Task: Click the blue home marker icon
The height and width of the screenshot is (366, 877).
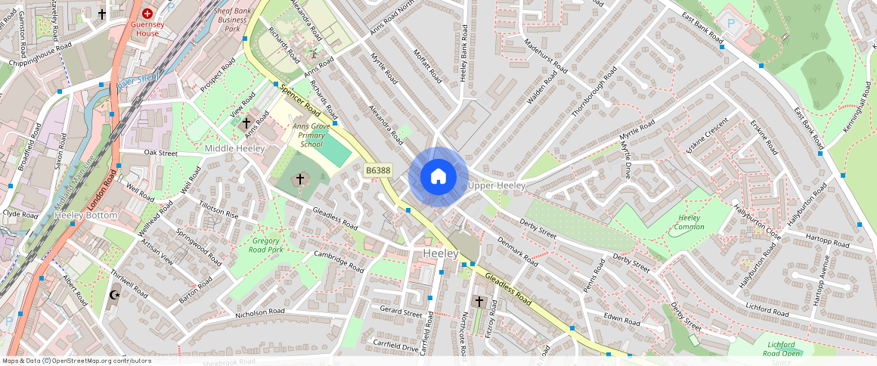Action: [438, 177]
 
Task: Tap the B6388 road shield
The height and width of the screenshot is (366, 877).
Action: [377, 171]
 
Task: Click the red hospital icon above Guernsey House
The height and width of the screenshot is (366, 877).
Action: [147, 14]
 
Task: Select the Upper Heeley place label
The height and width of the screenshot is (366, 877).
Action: [496, 186]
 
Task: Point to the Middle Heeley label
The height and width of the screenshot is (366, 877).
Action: [234, 149]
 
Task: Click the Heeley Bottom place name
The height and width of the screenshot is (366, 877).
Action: [86, 216]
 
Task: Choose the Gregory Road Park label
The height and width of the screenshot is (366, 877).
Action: [266, 245]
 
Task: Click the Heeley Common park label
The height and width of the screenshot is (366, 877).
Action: [690, 223]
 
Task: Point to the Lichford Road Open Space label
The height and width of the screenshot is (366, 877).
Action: [780, 353]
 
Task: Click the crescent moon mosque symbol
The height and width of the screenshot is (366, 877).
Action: [115, 295]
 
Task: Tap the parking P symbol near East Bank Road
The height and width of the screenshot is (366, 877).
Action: [730, 23]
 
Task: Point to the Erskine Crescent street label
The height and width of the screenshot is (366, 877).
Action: [702, 134]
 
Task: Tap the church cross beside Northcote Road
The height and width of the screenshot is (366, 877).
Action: [479, 302]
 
